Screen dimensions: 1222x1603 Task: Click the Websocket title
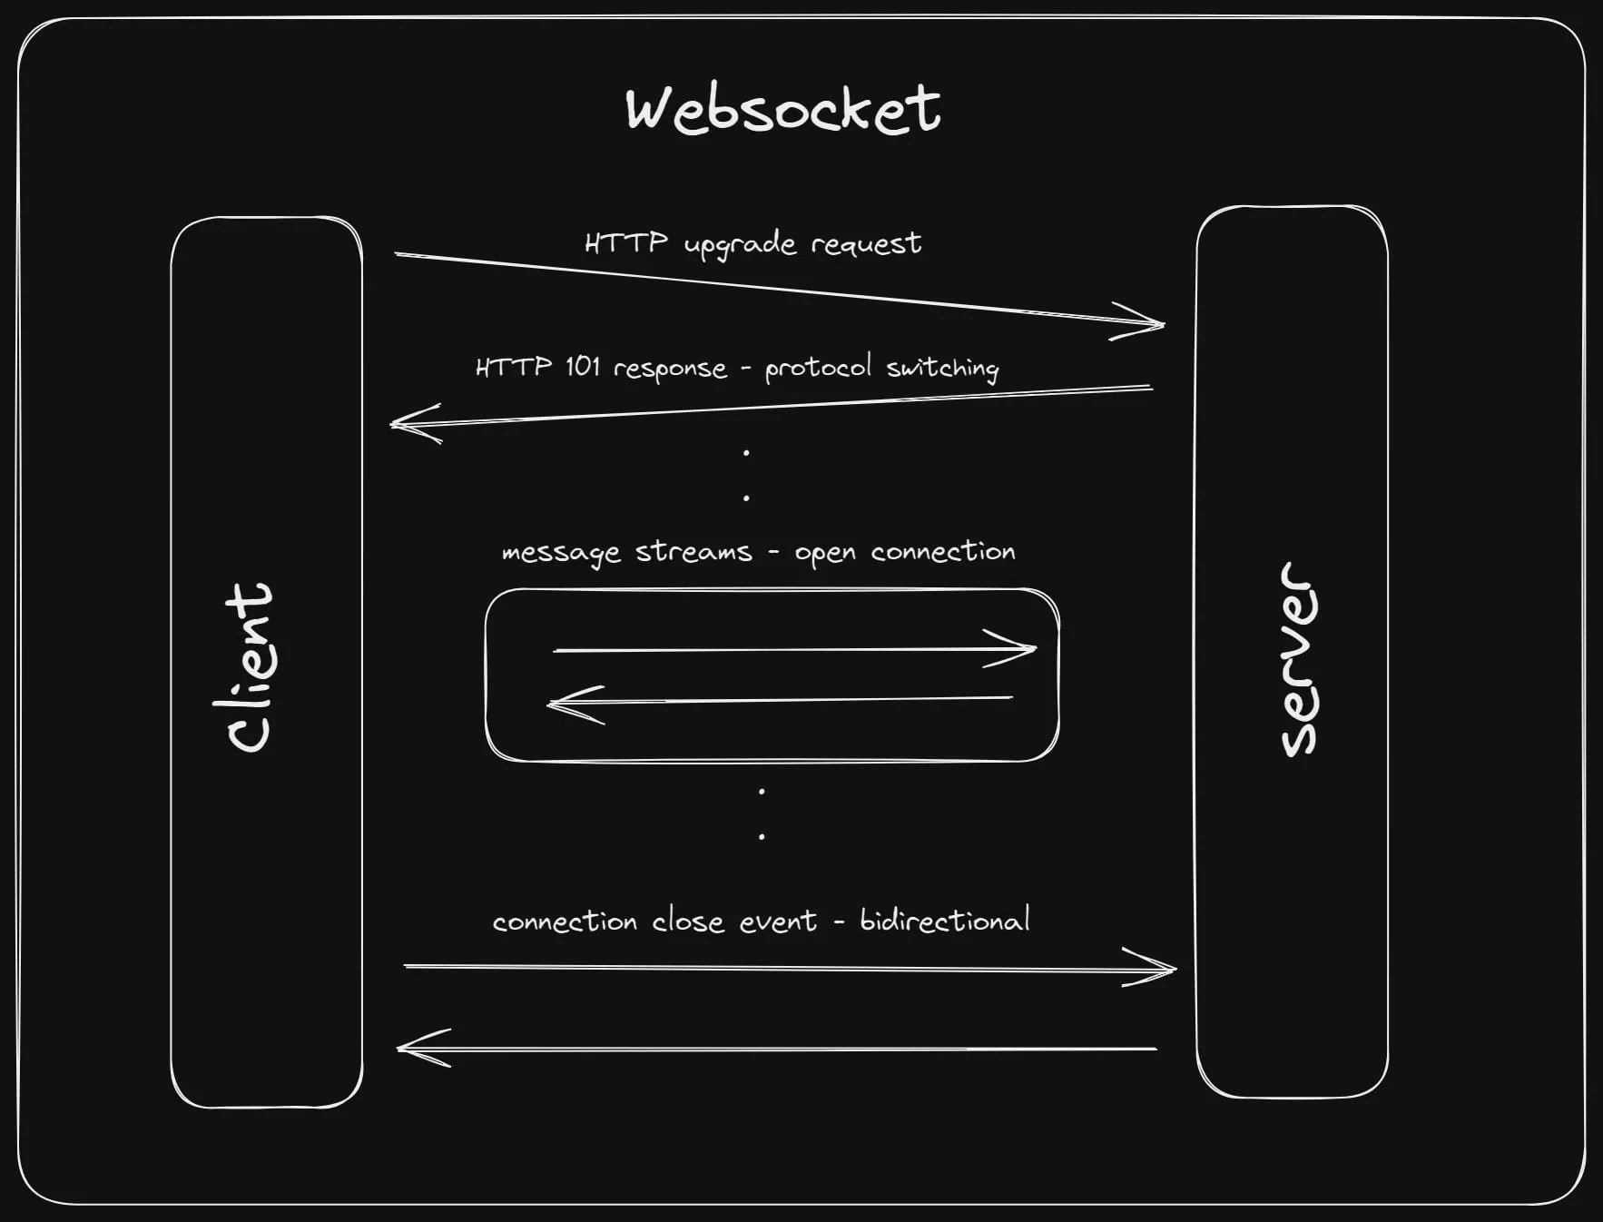pos(782,109)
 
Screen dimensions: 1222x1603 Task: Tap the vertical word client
pos(250,667)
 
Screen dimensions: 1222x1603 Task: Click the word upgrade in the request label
pos(740,245)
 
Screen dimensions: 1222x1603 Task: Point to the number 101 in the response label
pos(582,367)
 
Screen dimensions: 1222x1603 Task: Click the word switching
pos(942,368)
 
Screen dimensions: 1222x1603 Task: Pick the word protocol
pos(817,369)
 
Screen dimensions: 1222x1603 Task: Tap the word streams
pos(693,552)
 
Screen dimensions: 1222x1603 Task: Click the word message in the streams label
pos(561,554)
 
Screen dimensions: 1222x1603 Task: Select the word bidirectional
pos(944,921)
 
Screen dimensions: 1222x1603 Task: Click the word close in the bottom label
pos(688,921)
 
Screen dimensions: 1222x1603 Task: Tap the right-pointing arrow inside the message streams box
pos(794,650)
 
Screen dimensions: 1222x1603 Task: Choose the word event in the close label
pos(778,922)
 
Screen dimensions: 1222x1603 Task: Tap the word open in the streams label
pos(824,554)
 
